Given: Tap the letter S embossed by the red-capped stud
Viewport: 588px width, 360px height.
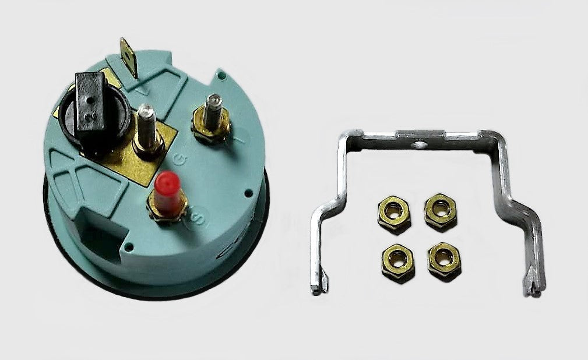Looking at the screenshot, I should (196, 220).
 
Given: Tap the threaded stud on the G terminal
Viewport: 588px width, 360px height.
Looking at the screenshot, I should (146, 119).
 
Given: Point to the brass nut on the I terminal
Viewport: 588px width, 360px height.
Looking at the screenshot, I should (211, 130).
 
